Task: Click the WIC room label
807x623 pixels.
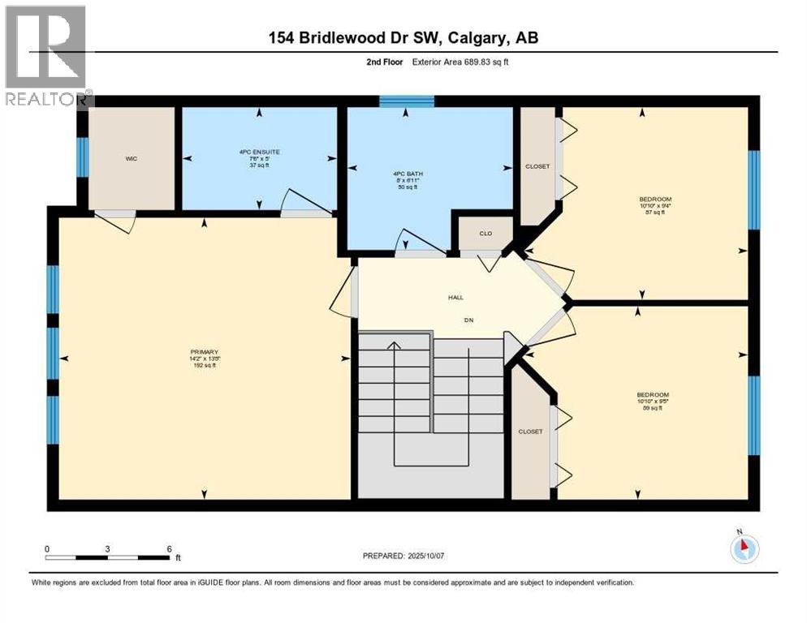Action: point(131,159)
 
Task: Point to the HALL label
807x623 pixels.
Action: point(456,298)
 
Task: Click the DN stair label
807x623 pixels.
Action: point(468,320)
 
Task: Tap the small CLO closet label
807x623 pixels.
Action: point(485,234)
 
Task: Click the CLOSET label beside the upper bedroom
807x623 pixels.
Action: point(537,166)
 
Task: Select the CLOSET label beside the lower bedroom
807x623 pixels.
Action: point(530,432)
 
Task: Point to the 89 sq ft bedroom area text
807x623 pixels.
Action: point(649,408)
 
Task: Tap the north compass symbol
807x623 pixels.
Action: point(743,548)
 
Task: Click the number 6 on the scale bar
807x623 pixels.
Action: point(168,548)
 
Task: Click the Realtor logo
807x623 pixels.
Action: point(46,55)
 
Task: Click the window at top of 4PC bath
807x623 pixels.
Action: point(407,101)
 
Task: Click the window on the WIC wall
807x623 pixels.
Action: point(82,157)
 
